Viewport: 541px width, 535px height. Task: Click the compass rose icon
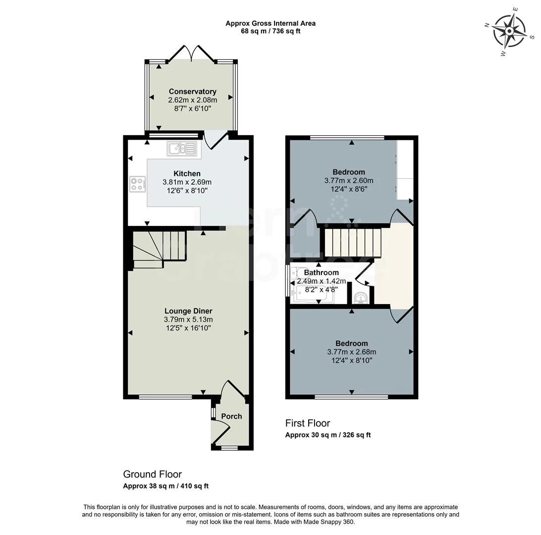coord(510,31)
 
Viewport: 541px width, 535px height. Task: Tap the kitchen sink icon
coord(182,148)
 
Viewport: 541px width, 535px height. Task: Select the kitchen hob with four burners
coord(137,184)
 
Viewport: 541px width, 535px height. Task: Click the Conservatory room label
coord(192,92)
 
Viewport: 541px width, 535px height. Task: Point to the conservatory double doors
coord(192,54)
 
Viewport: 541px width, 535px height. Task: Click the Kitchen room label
coord(187,173)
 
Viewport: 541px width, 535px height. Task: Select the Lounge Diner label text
coord(188,311)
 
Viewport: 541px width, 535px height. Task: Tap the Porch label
coord(231,416)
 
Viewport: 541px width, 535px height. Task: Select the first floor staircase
coord(352,242)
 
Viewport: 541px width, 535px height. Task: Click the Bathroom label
coord(321,272)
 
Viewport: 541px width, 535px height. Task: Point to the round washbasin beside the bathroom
coord(361,297)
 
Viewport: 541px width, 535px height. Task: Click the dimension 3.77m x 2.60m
coord(348,181)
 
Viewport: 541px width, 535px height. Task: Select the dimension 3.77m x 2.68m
coord(351,352)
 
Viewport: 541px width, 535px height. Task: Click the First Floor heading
coord(307,423)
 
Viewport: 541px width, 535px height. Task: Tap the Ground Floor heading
coord(152,474)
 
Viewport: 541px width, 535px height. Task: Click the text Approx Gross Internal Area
coord(270,23)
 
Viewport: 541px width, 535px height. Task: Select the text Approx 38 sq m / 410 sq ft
coord(165,486)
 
